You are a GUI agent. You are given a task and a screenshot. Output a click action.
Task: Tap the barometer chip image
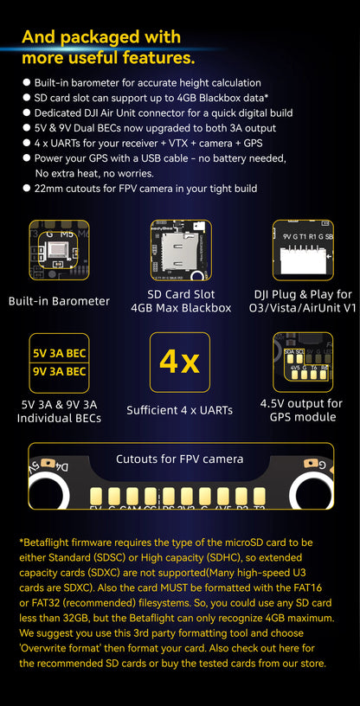pos(59,252)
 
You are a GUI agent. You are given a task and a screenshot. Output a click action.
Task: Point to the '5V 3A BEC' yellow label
pos(59,353)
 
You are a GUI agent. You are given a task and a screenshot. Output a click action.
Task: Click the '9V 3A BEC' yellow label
pos(59,372)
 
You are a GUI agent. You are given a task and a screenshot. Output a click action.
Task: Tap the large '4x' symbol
pos(180,363)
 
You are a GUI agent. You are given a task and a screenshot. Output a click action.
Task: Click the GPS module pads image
pos(302,363)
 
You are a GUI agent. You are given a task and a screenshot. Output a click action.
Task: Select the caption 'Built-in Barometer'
pos(59,301)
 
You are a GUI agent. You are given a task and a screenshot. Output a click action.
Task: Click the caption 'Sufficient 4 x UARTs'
pos(180,410)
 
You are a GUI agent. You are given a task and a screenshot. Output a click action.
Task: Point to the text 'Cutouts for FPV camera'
pos(180,459)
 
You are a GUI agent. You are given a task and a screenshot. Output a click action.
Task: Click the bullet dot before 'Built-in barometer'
pos(26,81)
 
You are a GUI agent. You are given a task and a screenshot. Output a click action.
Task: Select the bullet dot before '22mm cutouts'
pos(26,189)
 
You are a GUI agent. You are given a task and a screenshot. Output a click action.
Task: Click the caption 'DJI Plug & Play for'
pos(302,294)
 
